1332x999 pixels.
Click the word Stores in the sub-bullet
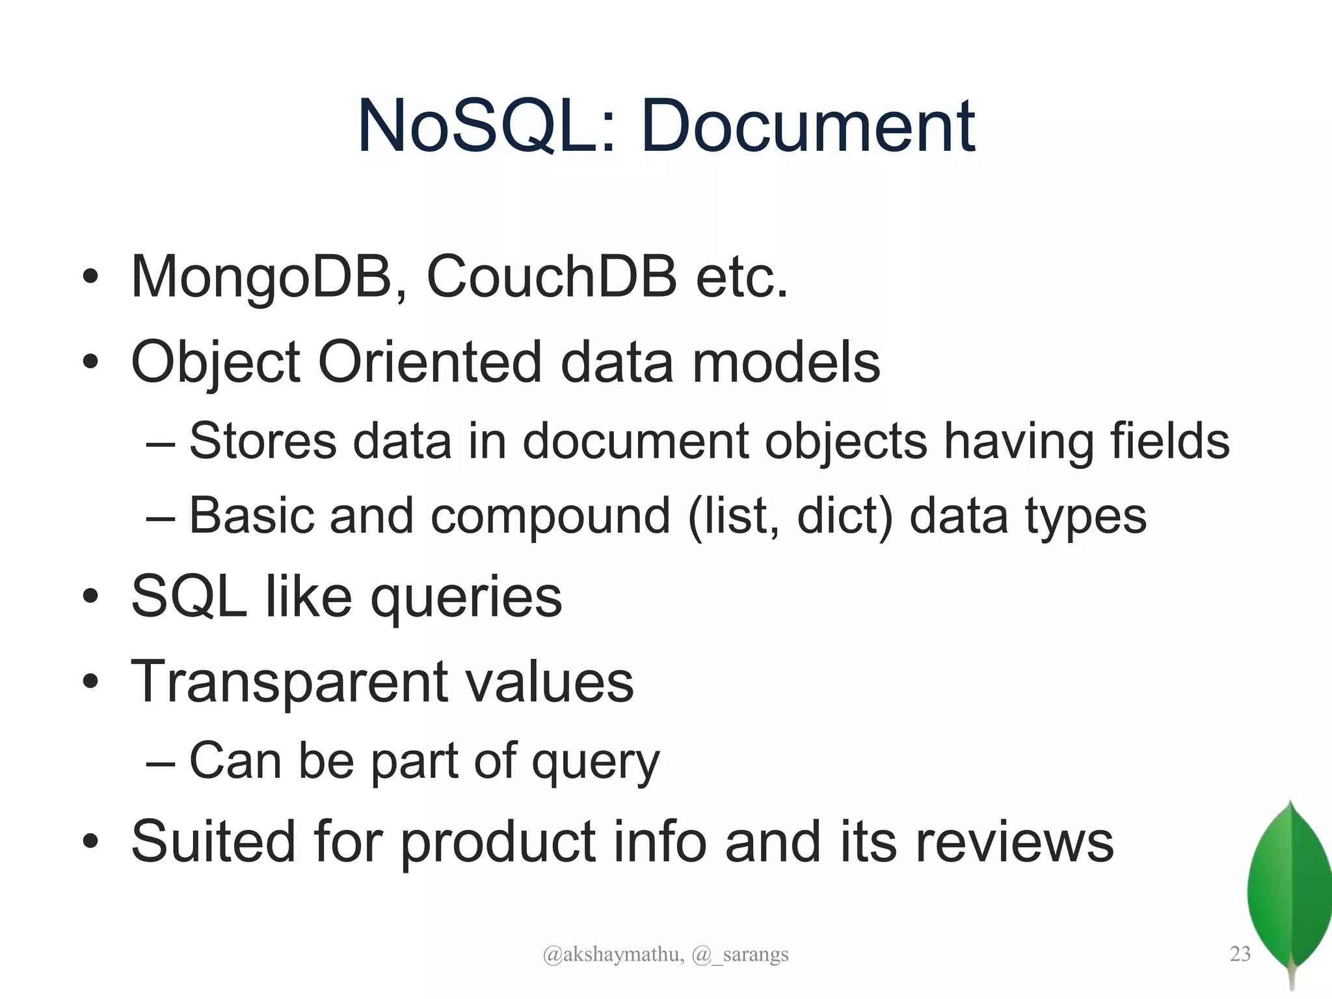click(263, 442)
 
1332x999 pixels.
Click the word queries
click(466, 597)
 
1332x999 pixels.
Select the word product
click(498, 842)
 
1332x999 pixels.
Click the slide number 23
click(1240, 954)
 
